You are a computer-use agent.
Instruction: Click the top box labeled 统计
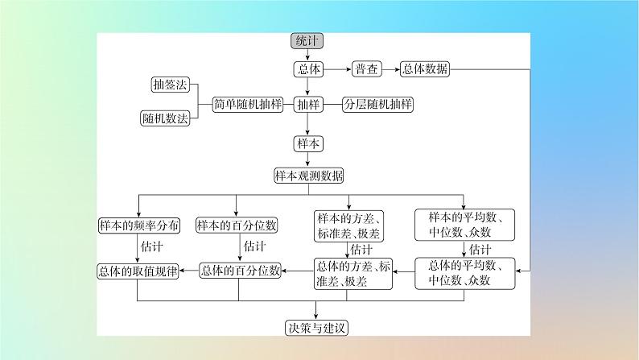pos(307,42)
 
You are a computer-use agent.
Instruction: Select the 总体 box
pos(308,70)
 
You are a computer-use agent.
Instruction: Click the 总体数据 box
pos(426,70)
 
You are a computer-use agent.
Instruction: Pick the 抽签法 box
pos(169,85)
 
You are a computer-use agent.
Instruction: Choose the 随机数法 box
pos(165,118)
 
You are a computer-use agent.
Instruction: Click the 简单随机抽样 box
pos(245,105)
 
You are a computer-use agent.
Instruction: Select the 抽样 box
pos(308,105)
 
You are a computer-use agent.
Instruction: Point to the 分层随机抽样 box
pos(377,105)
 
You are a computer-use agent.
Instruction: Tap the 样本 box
pos(308,143)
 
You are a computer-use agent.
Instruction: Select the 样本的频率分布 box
pos(139,226)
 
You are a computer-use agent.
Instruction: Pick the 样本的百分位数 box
pos(237,226)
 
